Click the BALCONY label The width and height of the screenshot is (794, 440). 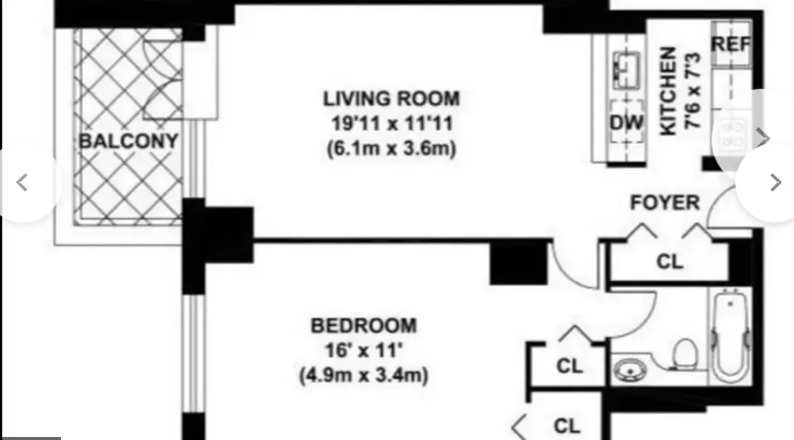click(x=128, y=142)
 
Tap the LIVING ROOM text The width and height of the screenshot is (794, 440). click(x=391, y=99)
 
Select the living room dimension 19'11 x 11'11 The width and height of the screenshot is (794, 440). click(x=391, y=123)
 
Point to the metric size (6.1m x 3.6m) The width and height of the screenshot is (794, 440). click(x=391, y=148)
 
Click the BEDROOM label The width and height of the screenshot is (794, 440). click(x=364, y=326)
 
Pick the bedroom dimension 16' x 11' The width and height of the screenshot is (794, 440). click(x=364, y=350)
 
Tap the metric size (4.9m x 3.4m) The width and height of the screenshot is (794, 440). click(x=364, y=375)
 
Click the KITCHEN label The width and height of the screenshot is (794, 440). click(x=668, y=91)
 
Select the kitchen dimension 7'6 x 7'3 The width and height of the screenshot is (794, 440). click(x=694, y=91)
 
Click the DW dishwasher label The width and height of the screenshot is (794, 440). click(x=627, y=123)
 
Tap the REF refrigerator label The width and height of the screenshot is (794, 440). click(x=730, y=44)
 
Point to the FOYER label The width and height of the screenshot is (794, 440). click(x=665, y=203)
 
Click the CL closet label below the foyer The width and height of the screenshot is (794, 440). click(x=670, y=261)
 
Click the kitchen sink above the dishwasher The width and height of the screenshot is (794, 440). click(x=627, y=70)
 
